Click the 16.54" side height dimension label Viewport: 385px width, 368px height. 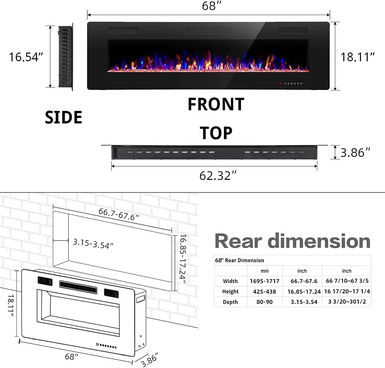tap(26, 57)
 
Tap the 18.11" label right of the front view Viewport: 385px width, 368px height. tap(357, 57)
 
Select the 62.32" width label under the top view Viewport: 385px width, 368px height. tap(218, 176)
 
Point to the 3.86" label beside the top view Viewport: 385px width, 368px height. tap(355, 153)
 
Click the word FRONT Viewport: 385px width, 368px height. tap(216, 105)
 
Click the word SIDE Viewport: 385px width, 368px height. tap(64, 117)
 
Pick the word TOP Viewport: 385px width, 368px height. tap(216, 133)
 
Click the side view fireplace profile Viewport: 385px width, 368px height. tap(65, 56)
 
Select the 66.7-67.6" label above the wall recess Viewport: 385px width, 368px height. tap(119, 214)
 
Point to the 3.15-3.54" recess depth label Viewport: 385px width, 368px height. tap(93, 243)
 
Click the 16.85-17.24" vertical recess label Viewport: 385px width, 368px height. tap(183, 259)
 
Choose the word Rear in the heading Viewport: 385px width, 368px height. tap(238, 241)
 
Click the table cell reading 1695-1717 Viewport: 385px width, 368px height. tap(264, 281)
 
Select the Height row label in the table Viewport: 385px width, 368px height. tap(230, 291)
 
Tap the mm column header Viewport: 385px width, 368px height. tap(264, 271)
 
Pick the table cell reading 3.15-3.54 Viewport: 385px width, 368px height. tap(304, 302)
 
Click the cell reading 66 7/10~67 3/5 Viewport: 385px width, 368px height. tap(347, 281)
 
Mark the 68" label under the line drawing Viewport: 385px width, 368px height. tap(72, 356)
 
